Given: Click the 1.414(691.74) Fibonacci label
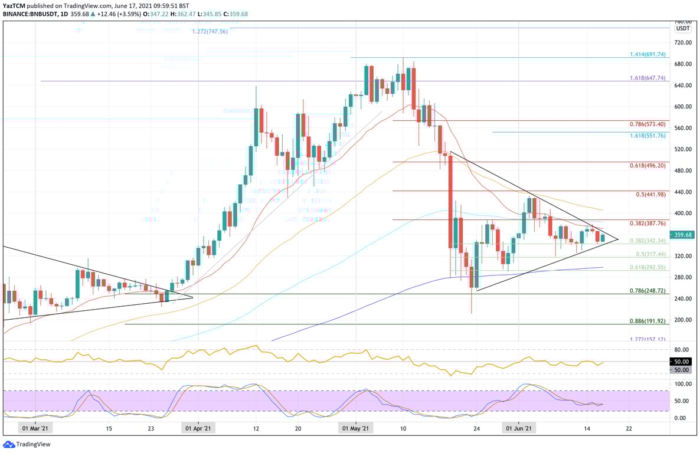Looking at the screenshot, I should point(647,54).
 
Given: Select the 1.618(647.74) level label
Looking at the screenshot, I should point(647,78).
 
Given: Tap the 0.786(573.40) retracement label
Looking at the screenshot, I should point(647,124).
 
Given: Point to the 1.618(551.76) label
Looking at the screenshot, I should point(647,135).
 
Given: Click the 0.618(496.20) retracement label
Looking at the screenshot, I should point(647,166).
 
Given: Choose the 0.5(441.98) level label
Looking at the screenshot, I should point(651,195).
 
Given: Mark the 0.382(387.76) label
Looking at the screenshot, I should point(647,224).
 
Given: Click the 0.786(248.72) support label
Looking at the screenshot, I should point(647,291).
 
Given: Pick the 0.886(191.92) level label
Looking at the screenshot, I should point(647,321).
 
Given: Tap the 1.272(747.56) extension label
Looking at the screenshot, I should point(210,31).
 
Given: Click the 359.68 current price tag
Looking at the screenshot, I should point(683,234).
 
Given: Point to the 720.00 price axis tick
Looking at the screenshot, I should point(682,43).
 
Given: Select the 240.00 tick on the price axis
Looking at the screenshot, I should point(682,298).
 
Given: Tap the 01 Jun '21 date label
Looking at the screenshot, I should point(519,429).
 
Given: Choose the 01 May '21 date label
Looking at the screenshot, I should point(357,429).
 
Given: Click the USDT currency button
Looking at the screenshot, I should point(683,28).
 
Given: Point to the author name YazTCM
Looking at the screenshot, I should point(14,5).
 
